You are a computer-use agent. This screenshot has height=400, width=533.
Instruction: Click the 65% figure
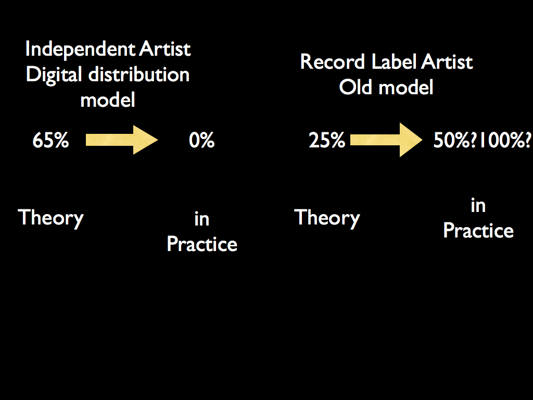[x=50, y=140]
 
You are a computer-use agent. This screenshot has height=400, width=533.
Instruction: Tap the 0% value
[x=201, y=140]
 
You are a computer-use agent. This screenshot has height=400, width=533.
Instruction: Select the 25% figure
[x=327, y=140]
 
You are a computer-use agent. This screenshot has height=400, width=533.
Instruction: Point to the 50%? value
[x=455, y=140]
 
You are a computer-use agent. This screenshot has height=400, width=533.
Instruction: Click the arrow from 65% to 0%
[x=122, y=140]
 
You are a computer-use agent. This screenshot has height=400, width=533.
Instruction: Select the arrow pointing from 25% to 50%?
[x=386, y=140]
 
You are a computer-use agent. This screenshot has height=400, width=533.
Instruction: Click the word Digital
[x=54, y=75]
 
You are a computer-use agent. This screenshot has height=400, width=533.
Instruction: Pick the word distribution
[x=138, y=74]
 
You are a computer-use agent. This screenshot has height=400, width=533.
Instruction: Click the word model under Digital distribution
[x=108, y=100]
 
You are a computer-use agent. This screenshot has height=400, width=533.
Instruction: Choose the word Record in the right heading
[x=333, y=62]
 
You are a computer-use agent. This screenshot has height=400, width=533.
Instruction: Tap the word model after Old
[x=406, y=87]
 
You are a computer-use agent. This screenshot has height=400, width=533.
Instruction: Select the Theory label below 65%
[x=50, y=218]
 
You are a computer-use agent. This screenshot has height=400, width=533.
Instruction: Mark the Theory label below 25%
[x=327, y=218]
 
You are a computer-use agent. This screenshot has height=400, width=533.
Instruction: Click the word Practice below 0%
[x=202, y=244]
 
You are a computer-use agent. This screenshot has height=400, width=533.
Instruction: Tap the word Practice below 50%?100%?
[x=478, y=230]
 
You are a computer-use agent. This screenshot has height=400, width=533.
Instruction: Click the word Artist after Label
[x=447, y=62]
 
